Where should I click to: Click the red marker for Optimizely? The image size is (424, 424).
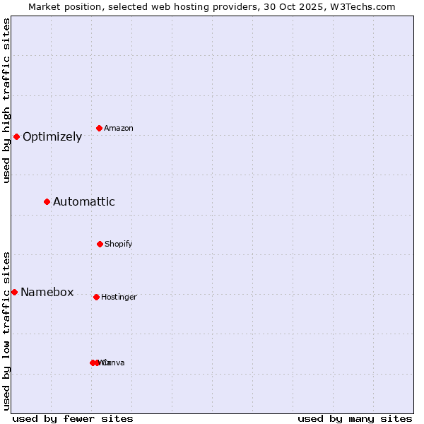[16, 136]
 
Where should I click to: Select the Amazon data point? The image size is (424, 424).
[100, 128]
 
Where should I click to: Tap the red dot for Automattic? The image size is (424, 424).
[47, 202]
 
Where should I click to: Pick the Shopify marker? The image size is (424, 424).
[100, 244]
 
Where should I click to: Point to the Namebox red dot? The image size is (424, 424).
[14, 292]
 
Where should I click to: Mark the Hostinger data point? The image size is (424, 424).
[96, 297]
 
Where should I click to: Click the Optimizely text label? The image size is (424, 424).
[52, 137]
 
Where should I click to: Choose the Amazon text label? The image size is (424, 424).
[119, 129]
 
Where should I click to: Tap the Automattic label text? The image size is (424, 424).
[84, 202]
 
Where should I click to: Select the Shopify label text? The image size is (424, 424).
[119, 245]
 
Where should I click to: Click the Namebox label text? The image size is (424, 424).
[47, 293]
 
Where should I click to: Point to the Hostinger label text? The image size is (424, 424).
[119, 298]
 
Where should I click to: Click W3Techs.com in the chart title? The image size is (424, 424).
[365, 7]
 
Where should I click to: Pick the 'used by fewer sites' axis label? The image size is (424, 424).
[73, 419]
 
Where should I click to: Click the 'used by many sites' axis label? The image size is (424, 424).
[355, 419]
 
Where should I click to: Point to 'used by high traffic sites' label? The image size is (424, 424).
[7, 100]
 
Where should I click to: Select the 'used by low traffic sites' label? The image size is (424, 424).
[7, 331]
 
